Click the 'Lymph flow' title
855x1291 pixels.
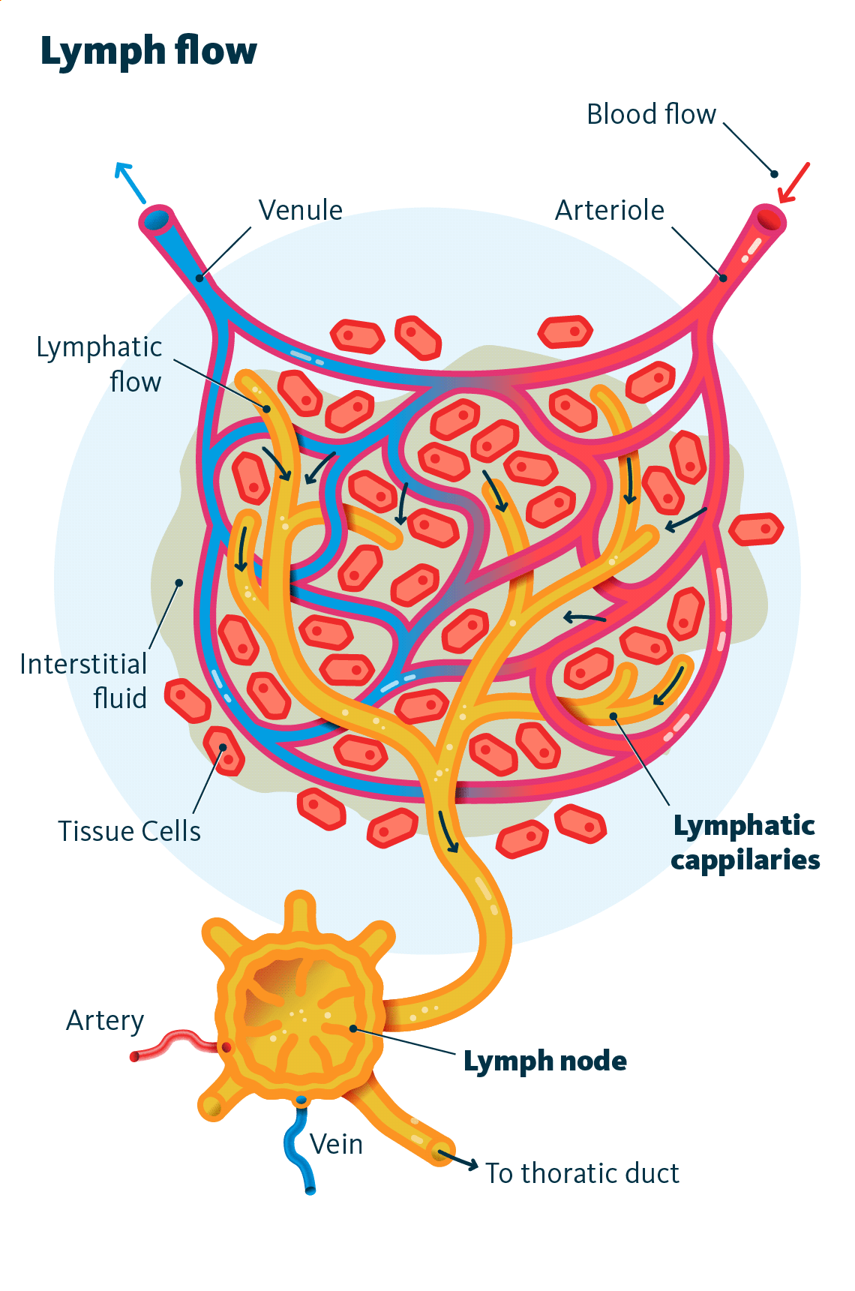point(148,52)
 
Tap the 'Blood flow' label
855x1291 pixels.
point(651,114)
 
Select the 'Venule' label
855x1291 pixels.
point(300,210)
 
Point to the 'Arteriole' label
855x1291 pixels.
point(609,210)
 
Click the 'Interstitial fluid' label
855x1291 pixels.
point(83,681)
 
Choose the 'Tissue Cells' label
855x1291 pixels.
point(130,831)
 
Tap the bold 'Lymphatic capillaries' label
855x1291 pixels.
point(745,842)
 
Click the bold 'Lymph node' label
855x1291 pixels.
point(545,1061)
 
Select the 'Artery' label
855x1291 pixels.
point(105,1021)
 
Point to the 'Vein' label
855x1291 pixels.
point(336,1144)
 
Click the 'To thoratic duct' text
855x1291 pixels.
point(582,1173)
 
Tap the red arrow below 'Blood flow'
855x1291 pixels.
point(793,183)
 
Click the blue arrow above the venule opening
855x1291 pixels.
point(130,182)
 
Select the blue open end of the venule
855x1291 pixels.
point(157,220)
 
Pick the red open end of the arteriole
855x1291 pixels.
point(769,219)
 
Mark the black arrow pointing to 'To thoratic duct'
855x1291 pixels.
point(458,1160)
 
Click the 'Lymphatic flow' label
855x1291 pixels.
point(99,364)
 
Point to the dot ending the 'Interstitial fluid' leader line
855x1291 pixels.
point(179,582)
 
